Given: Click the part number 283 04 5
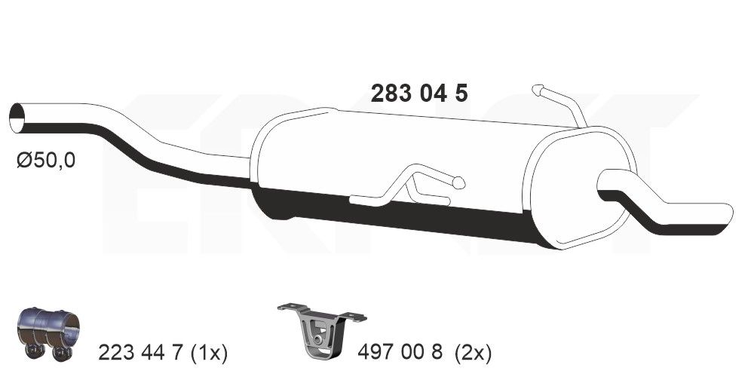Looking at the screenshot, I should coord(419,93).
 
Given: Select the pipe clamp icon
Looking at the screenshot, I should coord(47,333).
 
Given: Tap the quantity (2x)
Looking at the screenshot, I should coord(475,352).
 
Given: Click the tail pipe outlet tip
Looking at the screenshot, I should coord(725,214).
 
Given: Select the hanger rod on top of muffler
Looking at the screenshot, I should coord(562,106).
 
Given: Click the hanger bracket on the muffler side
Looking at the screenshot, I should coord(407,185).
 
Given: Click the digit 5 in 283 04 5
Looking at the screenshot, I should coord(461,93).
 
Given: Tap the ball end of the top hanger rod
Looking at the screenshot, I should coord(538,90).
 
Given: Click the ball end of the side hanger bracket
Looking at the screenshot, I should coord(458,182).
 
